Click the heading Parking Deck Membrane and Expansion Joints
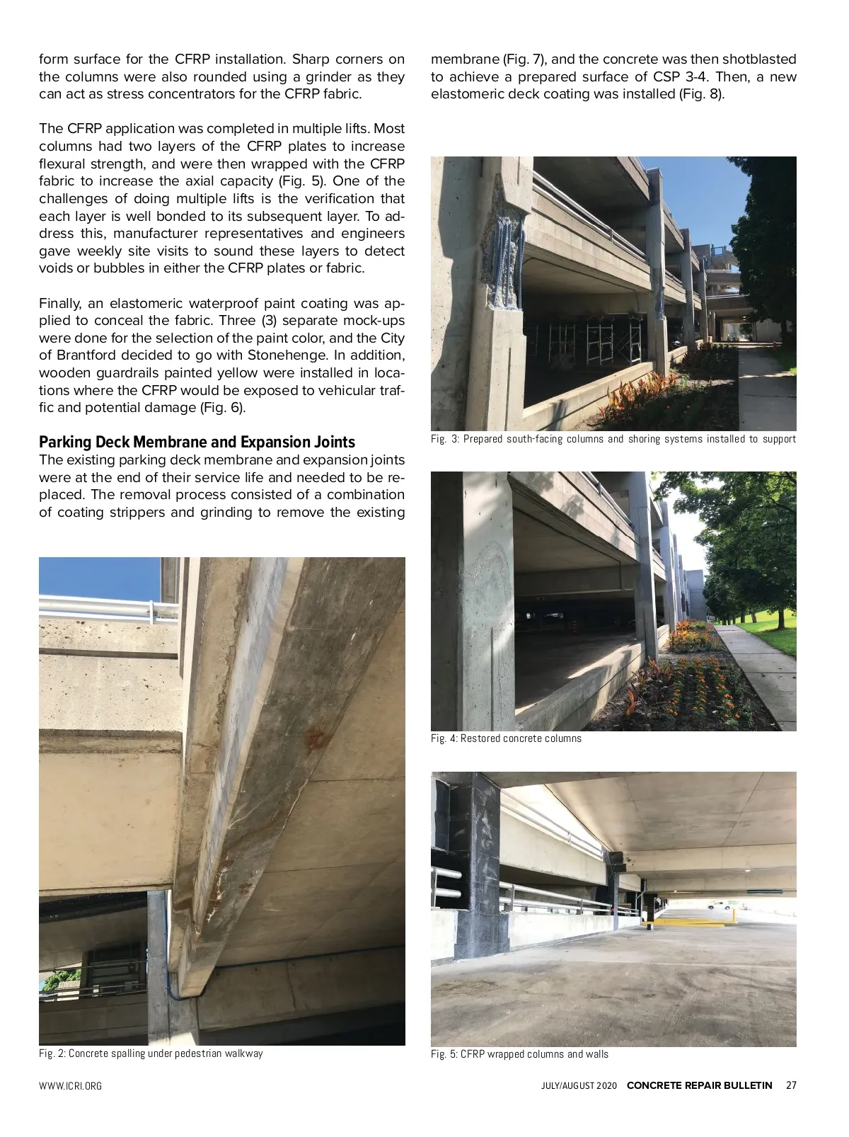(197, 442)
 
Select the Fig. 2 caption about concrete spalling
(151, 1053)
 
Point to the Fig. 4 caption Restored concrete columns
(506, 738)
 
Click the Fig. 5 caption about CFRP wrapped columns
(519, 1054)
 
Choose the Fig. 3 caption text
(613, 439)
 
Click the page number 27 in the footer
(791, 1085)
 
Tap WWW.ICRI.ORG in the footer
(70, 1086)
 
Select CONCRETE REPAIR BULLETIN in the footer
(699, 1085)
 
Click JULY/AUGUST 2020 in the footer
(574, 1086)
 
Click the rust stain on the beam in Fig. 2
(312, 738)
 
